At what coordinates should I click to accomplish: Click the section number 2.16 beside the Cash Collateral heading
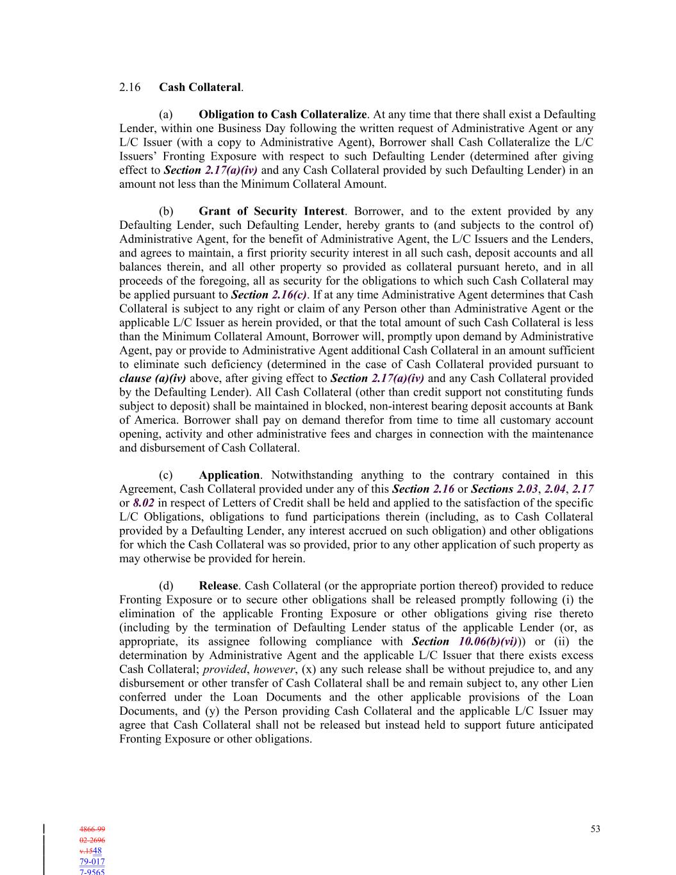130,87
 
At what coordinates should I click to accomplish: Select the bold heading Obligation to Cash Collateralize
283,115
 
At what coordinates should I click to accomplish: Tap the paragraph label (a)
166,115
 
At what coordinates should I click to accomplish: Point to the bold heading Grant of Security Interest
272,212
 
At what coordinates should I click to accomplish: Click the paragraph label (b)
166,212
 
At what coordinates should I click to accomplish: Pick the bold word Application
229,475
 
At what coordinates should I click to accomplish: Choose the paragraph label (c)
166,475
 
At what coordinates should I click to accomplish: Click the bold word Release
218,586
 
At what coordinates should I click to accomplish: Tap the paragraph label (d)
166,586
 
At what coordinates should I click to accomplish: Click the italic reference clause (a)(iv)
153,378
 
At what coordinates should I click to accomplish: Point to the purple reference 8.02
144,503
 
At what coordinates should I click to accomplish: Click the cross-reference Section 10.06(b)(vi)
465,642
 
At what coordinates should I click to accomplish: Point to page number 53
595,829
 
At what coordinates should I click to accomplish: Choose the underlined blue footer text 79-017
92,862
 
